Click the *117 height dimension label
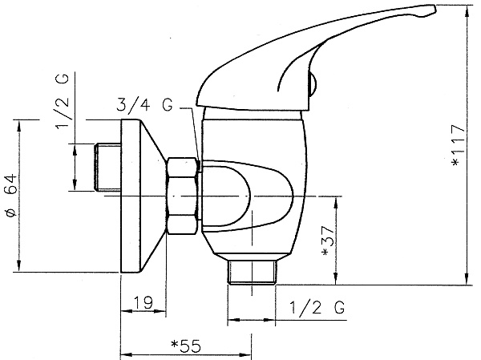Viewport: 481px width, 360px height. point(459,145)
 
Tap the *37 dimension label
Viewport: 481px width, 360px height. point(327,241)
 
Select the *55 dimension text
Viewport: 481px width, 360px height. point(186,346)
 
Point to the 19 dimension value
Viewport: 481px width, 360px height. point(143,302)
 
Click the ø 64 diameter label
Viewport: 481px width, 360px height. point(12,196)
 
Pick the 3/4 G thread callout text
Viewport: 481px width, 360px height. point(144,105)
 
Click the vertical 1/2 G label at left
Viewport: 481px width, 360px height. point(63,102)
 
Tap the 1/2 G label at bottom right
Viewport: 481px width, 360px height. point(317,308)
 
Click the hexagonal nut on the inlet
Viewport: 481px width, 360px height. point(182,196)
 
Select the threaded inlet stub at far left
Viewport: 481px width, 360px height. point(107,168)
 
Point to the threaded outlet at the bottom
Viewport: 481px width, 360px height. point(252,273)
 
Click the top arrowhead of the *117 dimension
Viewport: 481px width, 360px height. point(467,11)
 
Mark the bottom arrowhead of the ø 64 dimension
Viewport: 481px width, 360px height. point(19,265)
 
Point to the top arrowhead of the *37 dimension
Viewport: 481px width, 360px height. point(336,203)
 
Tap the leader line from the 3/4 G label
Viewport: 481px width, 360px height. point(192,138)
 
